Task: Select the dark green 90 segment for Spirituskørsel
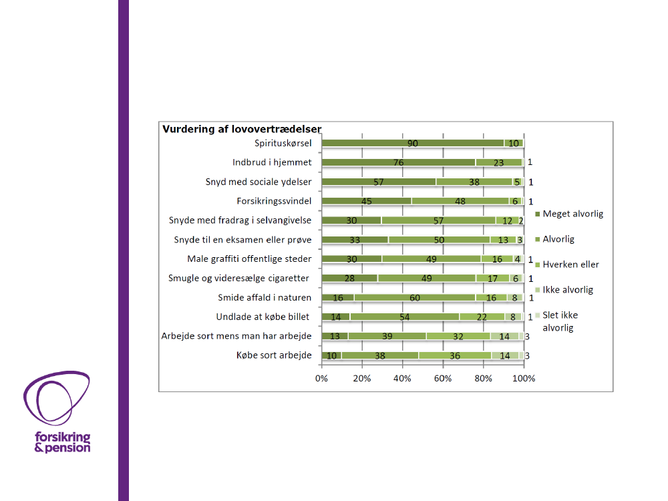coord(413,143)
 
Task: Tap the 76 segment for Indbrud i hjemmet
coord(398,162)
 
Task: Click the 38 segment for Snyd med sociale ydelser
coord(474,182)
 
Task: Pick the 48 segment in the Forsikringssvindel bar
coord(460,201)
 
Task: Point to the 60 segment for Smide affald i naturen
coord(414,298)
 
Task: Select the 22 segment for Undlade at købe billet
coord(482,317)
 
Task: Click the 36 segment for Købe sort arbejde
coord(455,356)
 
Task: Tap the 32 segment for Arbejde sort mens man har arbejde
coord(458,337)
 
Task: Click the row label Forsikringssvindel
coord(274,200)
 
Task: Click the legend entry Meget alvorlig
coord(572,214)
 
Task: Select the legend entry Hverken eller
coord(570,265)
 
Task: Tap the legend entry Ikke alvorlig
coord(568,290)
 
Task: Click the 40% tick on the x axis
coord(402,379)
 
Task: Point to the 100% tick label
coord(524,379)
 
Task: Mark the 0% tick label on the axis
coord(322,379)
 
